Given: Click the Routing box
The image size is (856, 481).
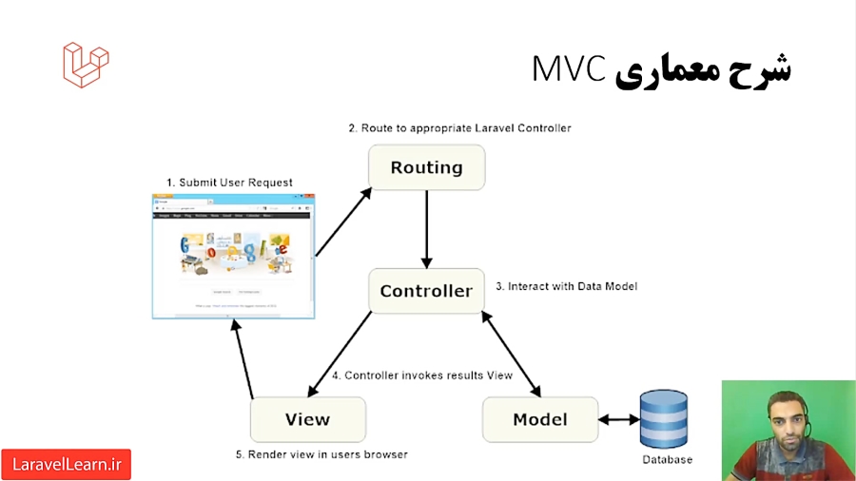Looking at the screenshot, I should [x=426, y=168].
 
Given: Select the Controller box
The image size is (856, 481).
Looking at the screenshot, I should [x=426, y=291].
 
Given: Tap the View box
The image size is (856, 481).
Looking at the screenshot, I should [x=307, y=419].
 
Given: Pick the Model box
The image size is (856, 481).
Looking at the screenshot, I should [x=539, y=419].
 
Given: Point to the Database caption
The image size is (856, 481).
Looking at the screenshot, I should [x=667, y=460].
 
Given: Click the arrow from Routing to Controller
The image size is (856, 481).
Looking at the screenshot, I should [x=426, y=229].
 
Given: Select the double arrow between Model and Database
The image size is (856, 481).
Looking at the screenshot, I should [x=618, y=419].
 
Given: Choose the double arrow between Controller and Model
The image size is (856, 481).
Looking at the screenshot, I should [x=513, y=354].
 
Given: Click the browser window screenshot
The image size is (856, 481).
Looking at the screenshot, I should [x=233, y=256].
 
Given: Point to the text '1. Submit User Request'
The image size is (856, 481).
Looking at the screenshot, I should [x=229, y=183].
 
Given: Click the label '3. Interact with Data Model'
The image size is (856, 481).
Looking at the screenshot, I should [x=566, y=286].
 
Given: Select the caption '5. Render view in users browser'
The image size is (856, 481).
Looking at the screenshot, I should [x=321, y=454].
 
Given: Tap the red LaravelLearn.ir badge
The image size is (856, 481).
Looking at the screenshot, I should [x=66, y=465].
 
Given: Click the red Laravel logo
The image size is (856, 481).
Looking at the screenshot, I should [x=86, y=65].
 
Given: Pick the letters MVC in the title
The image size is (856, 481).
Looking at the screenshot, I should [x=568, y=69].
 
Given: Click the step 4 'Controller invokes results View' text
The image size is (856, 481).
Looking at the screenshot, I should [x=421, y=375].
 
